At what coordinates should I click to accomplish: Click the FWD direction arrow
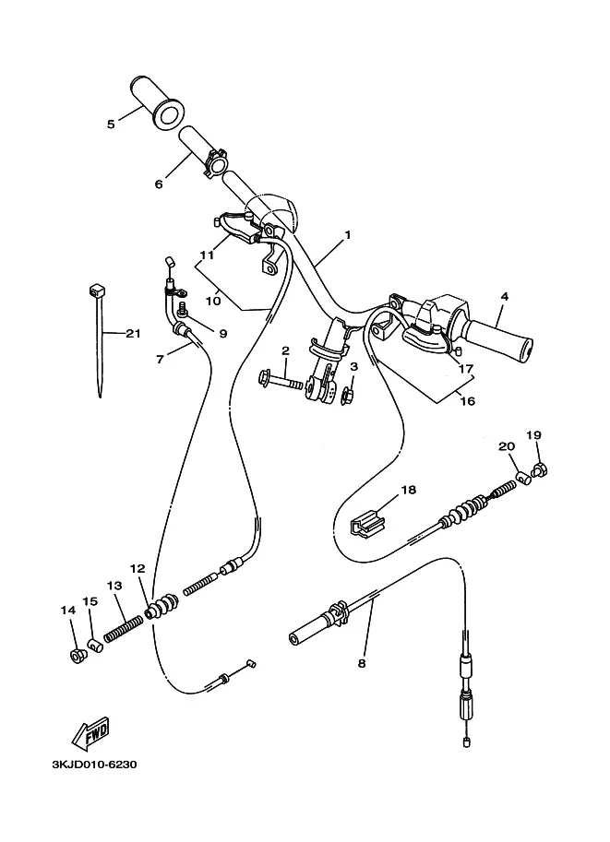point(90,732)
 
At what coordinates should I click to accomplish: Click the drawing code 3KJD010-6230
point(94,765)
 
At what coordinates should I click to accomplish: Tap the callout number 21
point(133,334)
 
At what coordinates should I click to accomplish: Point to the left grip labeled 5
point(158,102)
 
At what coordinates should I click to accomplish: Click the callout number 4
point(504,296)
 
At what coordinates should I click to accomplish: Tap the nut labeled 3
point(348,397)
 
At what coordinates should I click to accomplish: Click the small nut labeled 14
point(76,655)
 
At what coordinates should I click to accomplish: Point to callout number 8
point(362,663)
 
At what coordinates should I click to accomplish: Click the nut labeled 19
point(540,470)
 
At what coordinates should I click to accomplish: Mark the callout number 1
point(348,234)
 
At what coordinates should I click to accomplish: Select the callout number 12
point(138,568)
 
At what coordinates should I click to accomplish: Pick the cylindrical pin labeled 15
point(95,645)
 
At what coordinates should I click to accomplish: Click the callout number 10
point(213,301)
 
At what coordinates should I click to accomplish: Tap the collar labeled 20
point(524,478)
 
